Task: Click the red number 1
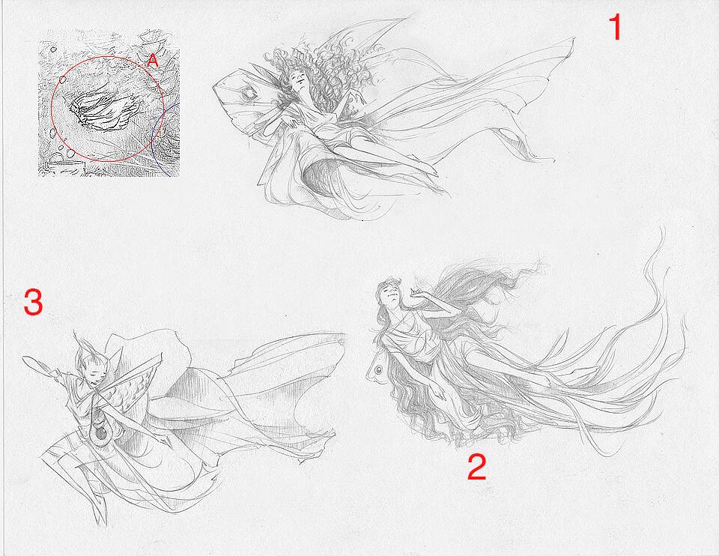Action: (616, 27)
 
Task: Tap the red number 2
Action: (477, 466)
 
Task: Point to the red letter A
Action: (153, 60)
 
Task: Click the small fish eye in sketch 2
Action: (377, 369)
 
